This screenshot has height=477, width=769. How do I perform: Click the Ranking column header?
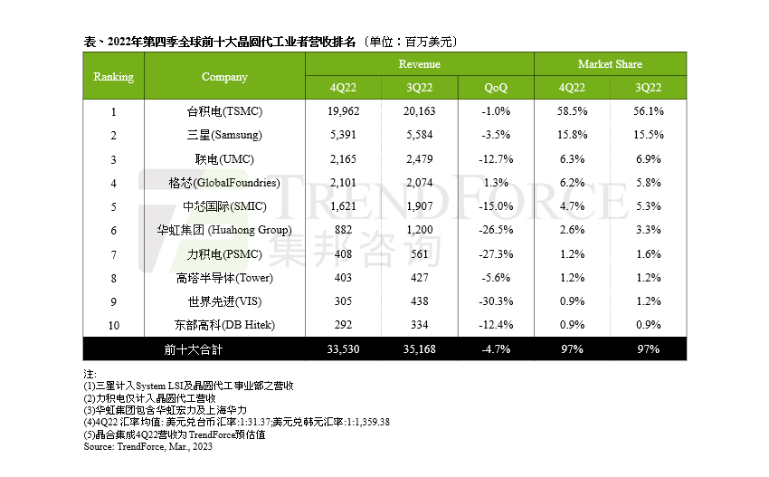114,76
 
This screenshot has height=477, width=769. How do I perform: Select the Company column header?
224,76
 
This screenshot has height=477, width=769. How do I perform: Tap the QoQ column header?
496,87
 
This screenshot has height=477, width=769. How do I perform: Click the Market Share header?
610,64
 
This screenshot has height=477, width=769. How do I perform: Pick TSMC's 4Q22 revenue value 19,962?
343,111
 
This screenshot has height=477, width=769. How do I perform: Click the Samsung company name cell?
224,135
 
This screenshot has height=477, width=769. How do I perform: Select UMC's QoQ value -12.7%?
496,159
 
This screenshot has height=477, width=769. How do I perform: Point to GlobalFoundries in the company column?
224,183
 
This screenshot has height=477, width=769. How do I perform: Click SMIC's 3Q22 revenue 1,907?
419,206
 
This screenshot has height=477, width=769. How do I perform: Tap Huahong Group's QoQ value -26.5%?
496,230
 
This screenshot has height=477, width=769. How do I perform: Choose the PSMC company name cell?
224,254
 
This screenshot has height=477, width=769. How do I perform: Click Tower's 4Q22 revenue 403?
343,278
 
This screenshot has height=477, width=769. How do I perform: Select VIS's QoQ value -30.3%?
496,301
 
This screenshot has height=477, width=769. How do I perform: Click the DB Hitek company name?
224,325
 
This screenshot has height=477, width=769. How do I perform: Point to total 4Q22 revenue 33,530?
343,349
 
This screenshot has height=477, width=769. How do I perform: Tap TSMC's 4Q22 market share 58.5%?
573,111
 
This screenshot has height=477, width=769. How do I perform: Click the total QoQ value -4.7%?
496,349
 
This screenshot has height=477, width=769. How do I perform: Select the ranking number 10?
114,325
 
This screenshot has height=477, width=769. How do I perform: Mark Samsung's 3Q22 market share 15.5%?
649,135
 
